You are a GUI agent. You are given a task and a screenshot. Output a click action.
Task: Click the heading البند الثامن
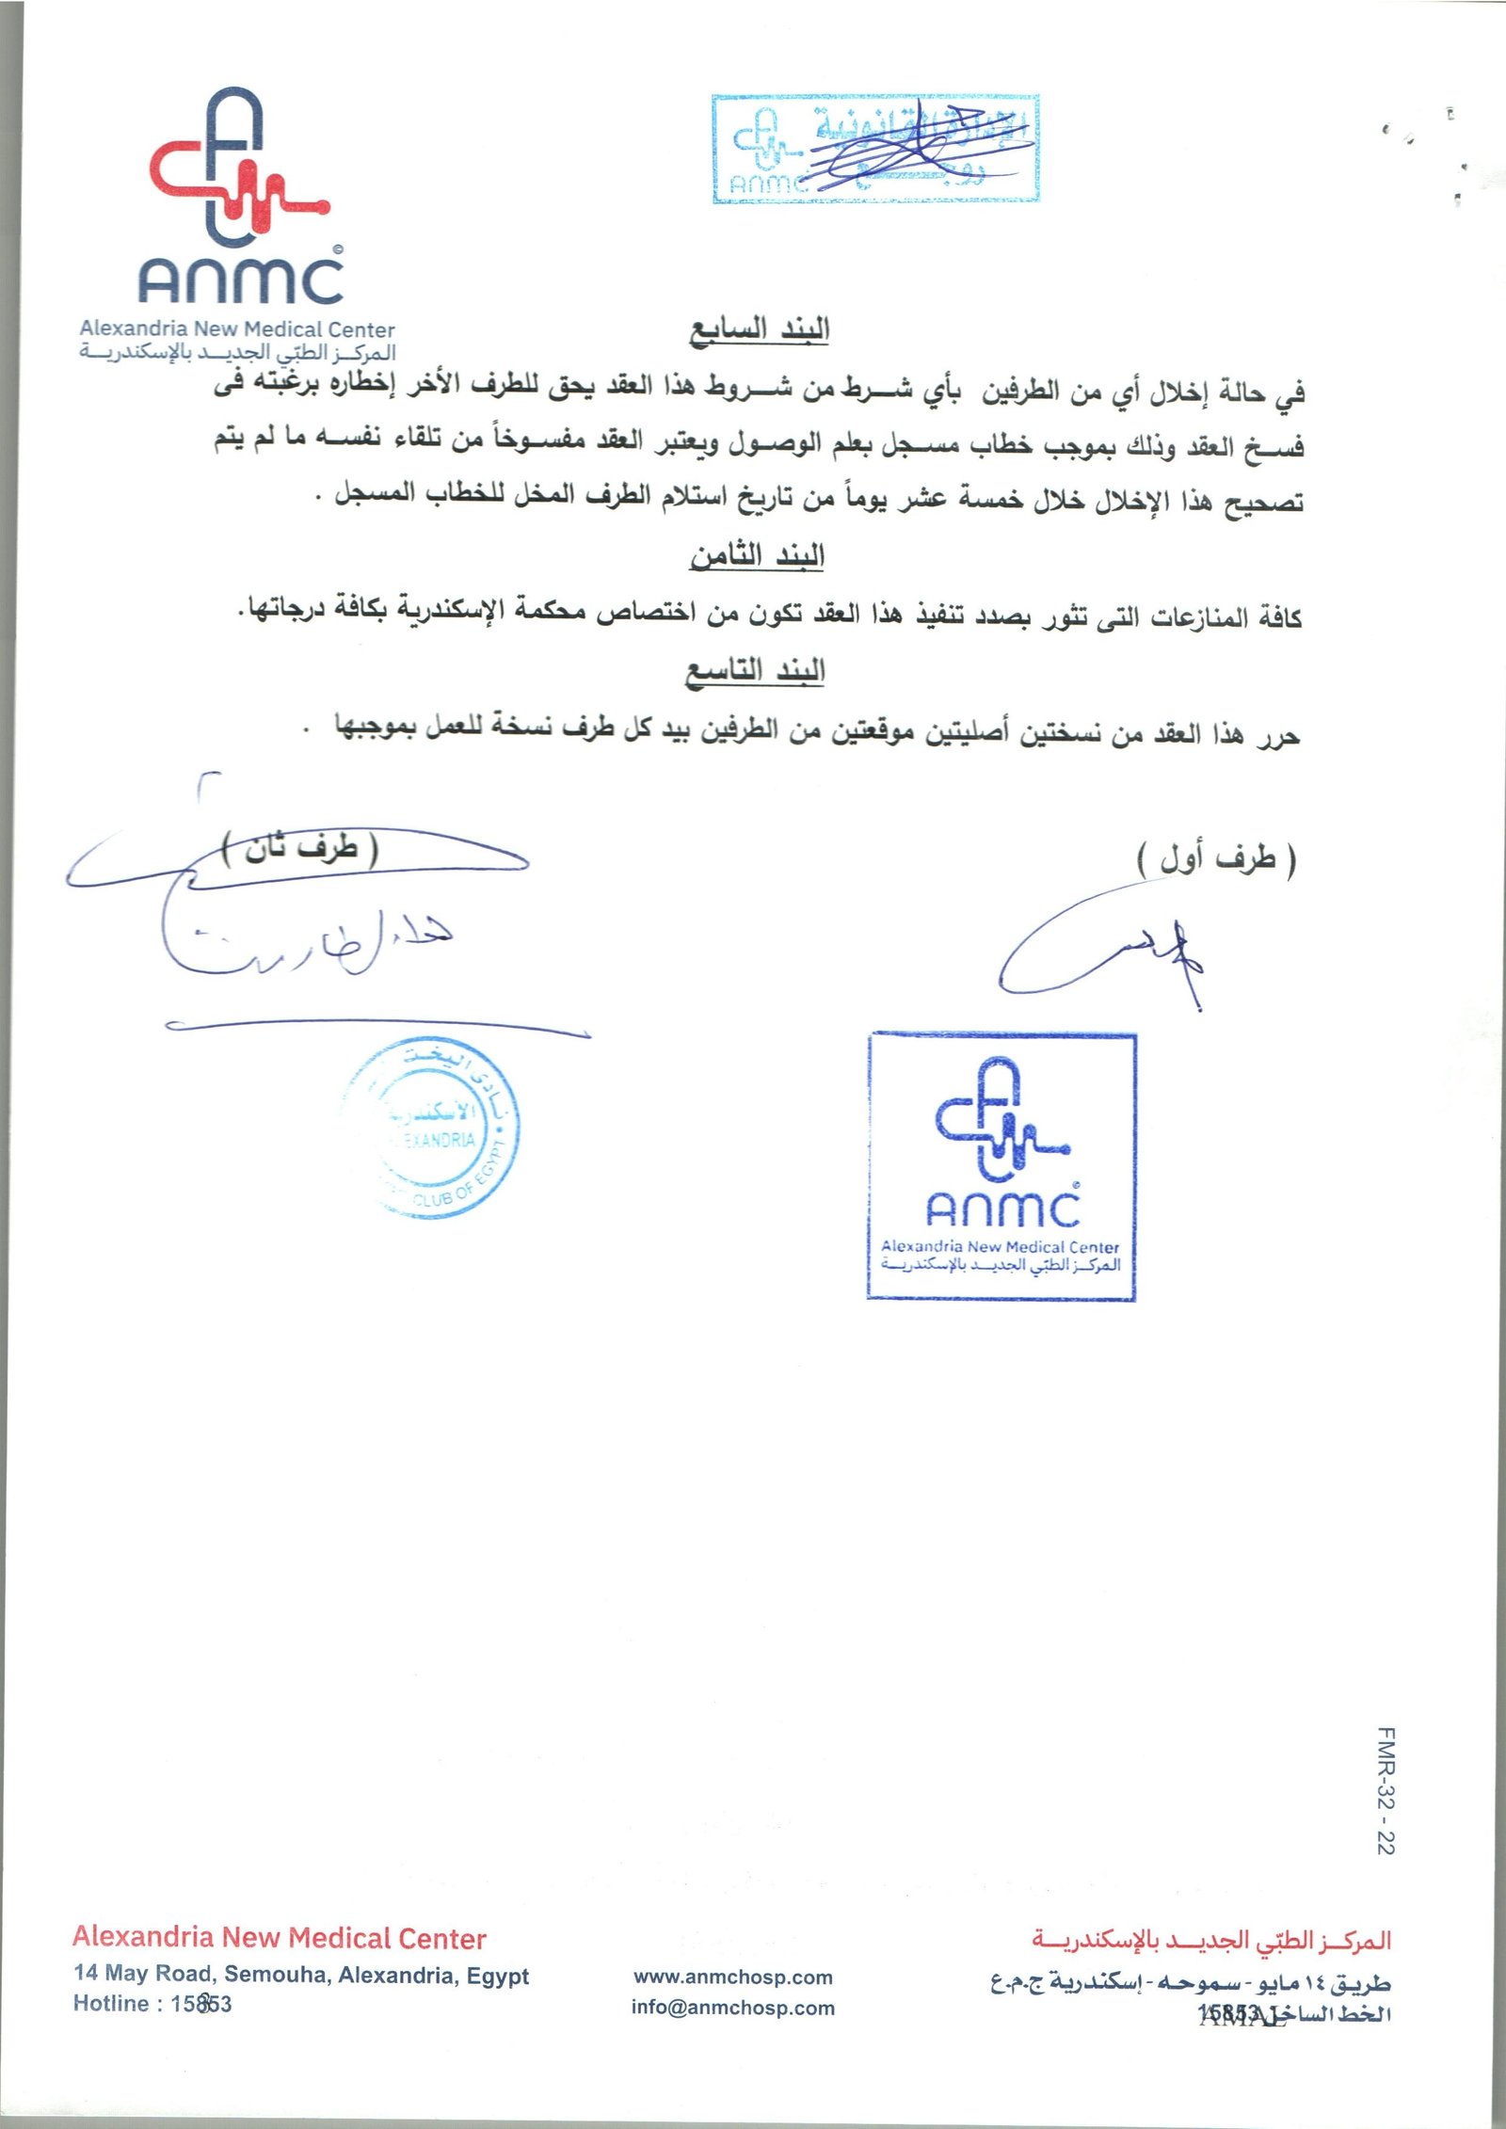tap(757, 556)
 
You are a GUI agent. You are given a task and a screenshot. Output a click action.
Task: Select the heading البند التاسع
tap(755, 671)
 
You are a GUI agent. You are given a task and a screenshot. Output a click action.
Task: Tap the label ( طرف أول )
tap(1216, 858)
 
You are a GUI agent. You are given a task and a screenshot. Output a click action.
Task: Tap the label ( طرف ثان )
tap(300, 849)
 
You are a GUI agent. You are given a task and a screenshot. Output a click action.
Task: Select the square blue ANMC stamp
tap(1001, 1167)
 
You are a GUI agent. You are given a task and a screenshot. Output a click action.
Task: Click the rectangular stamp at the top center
tap(875, 149)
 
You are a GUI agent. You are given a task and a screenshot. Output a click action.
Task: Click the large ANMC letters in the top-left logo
tap(241, 279)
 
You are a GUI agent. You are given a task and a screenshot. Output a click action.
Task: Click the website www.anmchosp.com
tap(732, 1977)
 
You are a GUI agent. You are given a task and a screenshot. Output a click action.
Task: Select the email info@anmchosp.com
tap(732, 2008)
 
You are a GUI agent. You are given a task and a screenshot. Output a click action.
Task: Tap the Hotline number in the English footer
tap(200, 2004)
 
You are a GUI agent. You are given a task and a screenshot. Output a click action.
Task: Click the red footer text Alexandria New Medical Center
tap(280, 1938)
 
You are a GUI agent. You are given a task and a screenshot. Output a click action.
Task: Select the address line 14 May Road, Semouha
tap(301, 1975)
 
